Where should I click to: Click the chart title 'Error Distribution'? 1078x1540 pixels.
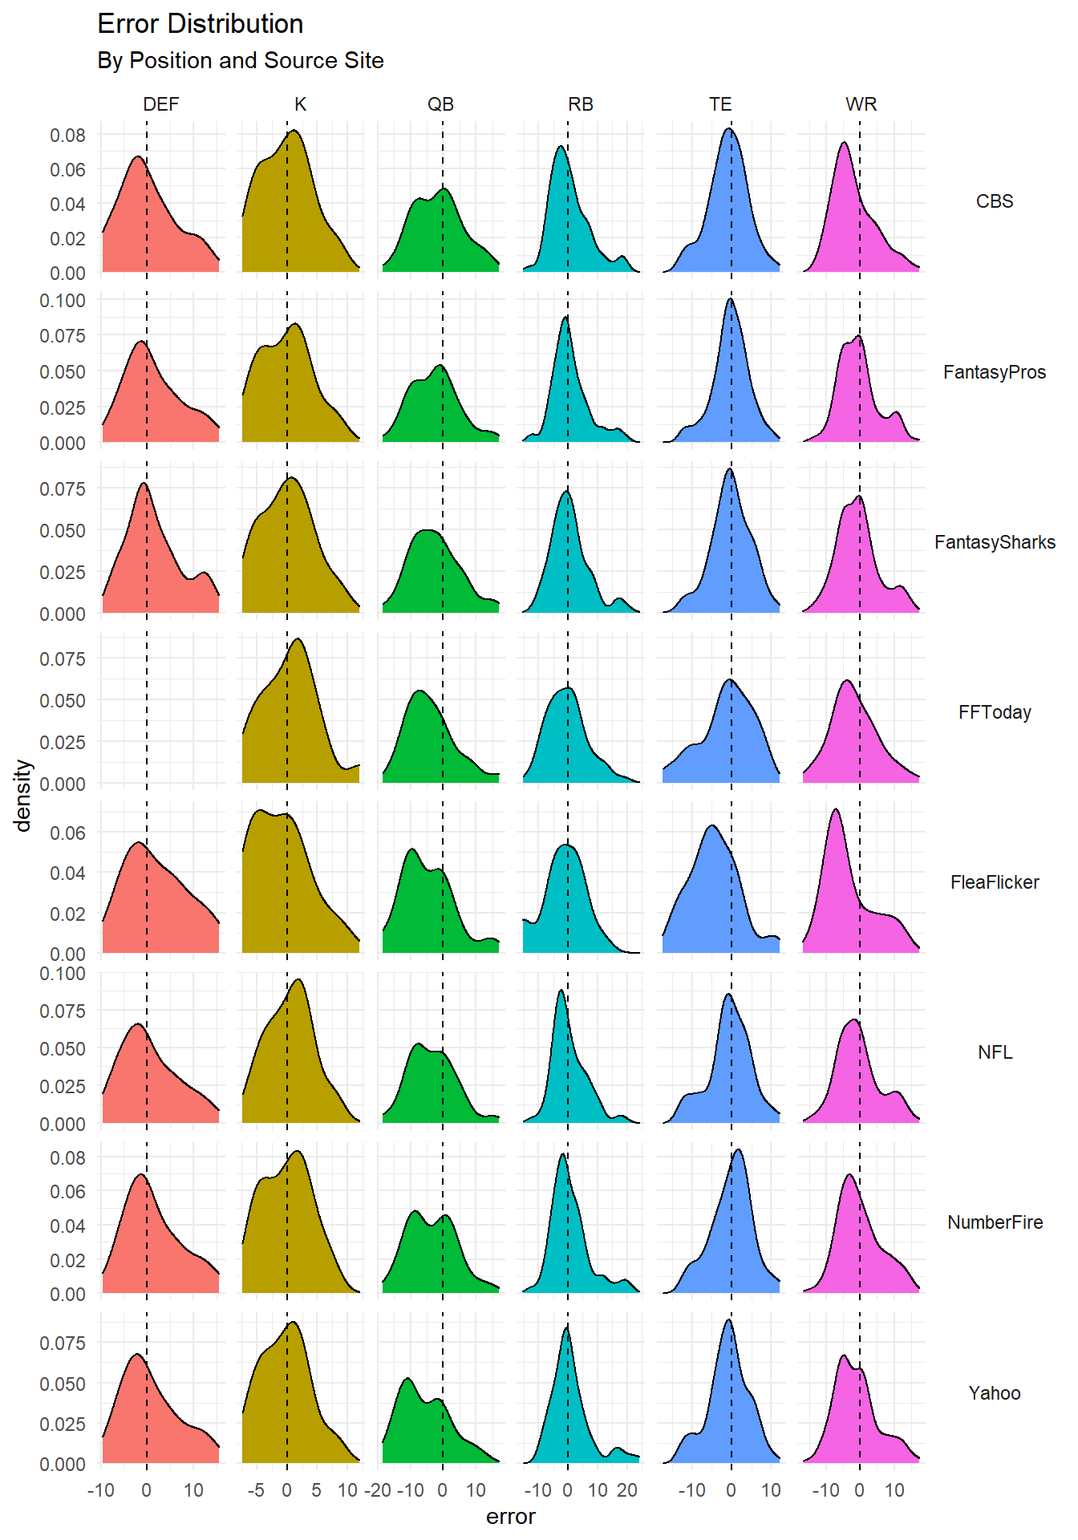(200, 24)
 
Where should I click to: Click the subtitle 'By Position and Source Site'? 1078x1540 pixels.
(240, 61)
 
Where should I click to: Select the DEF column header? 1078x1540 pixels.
(160, 104)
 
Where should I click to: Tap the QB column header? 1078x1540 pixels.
(440, 104)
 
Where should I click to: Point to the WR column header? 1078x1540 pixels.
(861, 104)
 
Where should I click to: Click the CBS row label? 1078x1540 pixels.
(995, 201)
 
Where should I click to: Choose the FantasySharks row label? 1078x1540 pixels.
(995, 542)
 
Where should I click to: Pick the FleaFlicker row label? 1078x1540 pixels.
(995, 882)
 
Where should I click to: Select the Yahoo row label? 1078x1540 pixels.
(995, 1393)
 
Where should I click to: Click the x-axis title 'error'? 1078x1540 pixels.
(510, 1517)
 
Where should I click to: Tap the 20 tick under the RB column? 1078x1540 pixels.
(627, 1490)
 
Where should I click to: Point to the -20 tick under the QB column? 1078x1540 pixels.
(378, 1490)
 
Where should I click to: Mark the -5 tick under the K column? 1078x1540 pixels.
(256, 1490)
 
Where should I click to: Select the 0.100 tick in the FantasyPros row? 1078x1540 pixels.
(63, 300)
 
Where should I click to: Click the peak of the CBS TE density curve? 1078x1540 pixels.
(729, 128)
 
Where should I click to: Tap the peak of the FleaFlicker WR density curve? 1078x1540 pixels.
(836, 809)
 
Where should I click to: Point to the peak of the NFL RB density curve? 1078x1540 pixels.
(561, 991)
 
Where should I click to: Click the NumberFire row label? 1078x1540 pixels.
(995, 1222)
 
